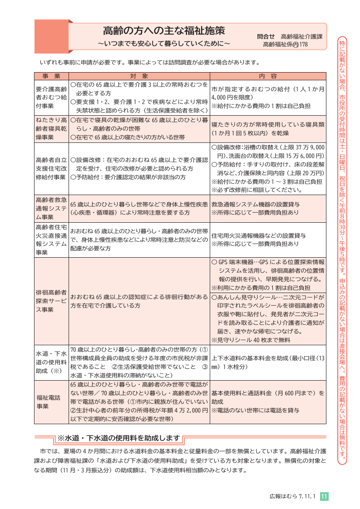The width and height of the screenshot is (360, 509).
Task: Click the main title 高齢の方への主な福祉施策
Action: point(163,31)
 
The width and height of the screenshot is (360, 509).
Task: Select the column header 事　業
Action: point(51,76)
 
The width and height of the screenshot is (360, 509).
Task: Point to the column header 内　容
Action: point(268,76)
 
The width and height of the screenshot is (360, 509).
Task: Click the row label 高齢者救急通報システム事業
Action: point(51,208)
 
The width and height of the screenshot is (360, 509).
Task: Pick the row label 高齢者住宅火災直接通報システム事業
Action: point(51,240)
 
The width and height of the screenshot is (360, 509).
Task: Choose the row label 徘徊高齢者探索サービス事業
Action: point(51,300)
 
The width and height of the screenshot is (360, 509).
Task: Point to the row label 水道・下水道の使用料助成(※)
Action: point(51,362)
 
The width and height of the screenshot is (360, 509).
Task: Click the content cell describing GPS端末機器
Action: point(268,275)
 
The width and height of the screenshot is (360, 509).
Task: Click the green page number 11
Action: point(324,497)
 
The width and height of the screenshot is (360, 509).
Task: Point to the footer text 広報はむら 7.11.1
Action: point(292,497)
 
